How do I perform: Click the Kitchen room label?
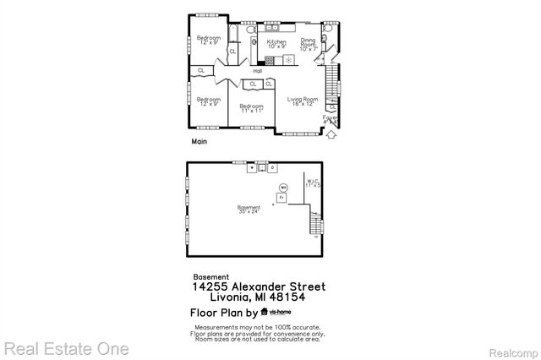pos(276,43)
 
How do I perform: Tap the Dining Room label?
pos(309,44)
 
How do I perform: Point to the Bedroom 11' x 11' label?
pos(252,107)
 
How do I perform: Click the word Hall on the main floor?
pos(257,71)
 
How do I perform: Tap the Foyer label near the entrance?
pos(330,119)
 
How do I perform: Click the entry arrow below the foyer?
pos(332,133)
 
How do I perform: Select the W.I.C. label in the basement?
pos(314,183)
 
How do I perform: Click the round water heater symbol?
pos(284,186)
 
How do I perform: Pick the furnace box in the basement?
pos(281,196)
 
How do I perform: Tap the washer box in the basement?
pos(251,167)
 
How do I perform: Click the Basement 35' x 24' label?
pos(248,210)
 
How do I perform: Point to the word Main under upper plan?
pos(199,142)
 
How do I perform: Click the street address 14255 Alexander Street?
pos(258,287)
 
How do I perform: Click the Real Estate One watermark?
pos(65,348)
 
